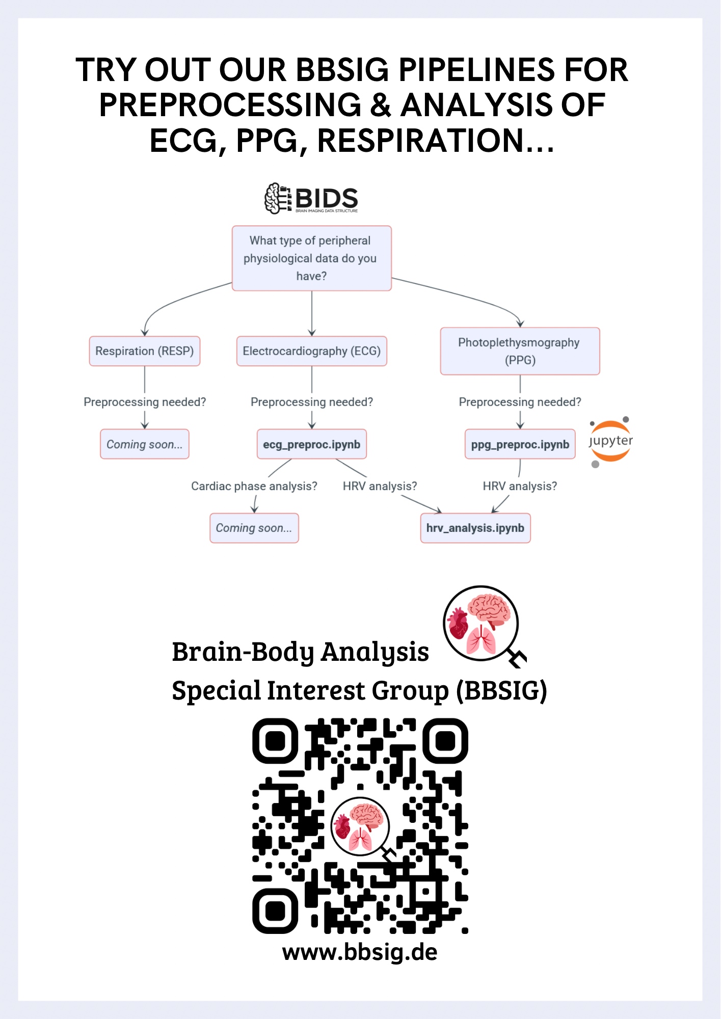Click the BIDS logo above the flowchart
pos(311,198)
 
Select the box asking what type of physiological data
pos(311,258)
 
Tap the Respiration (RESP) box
pos(145,351)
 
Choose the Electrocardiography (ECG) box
pos(311,351)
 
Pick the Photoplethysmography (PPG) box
pos(520,351)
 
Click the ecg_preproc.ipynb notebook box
pos(311,444)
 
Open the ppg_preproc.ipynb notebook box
pos(520,444)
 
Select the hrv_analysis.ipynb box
pos(475,528)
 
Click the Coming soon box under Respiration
pos(145,444)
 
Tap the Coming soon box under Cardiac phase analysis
pos(254,528)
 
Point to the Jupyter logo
pos(610,441)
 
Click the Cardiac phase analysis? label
pos(254,486)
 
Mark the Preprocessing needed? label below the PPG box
pos(520,402)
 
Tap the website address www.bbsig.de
pos(360,952)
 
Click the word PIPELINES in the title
pos(476,70)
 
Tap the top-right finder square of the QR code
pos(445,741)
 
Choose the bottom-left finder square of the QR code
pos(275,911)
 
